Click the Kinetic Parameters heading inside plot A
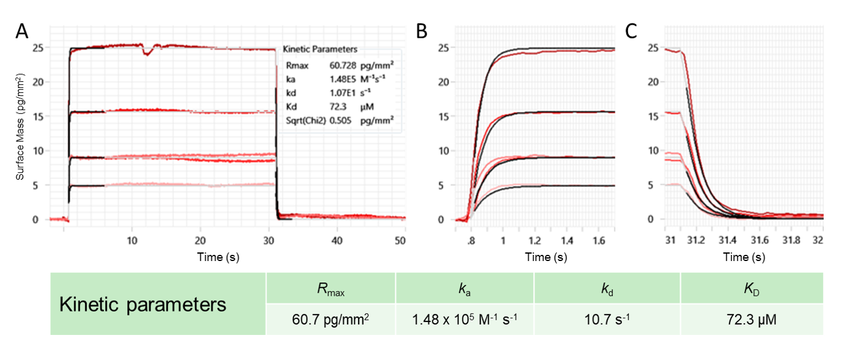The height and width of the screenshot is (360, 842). coord(321,49)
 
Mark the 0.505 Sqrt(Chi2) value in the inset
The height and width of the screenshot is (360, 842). coord(340,120)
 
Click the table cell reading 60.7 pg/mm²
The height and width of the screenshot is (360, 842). coord(331,318)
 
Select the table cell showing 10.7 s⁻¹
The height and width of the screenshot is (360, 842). coord(607,318)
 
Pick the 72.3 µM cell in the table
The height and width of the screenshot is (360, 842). coord(752,318)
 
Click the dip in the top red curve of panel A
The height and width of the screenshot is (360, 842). coord(147,53)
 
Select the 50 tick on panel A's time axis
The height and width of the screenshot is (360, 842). coord(401,241)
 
